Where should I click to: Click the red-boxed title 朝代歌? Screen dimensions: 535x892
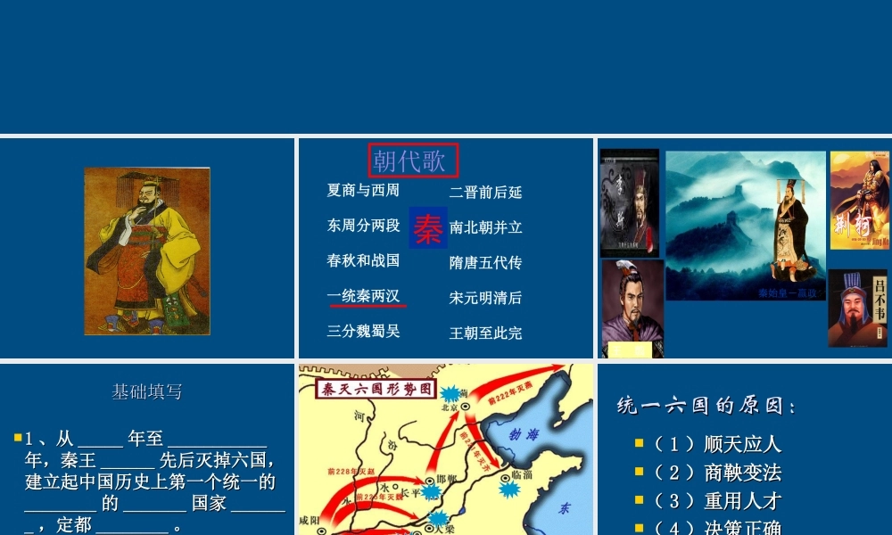413,160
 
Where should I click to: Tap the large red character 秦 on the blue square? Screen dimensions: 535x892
428,227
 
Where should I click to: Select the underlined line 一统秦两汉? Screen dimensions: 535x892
363,296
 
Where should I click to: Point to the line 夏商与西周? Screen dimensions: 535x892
363,190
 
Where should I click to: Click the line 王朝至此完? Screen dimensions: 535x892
485,333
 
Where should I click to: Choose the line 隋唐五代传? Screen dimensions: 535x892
485,262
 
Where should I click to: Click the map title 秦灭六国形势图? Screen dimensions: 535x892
375,388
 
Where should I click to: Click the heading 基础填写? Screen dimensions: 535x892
147,391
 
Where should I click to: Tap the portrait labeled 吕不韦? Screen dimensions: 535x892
858,308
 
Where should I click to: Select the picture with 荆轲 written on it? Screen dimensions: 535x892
859,201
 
